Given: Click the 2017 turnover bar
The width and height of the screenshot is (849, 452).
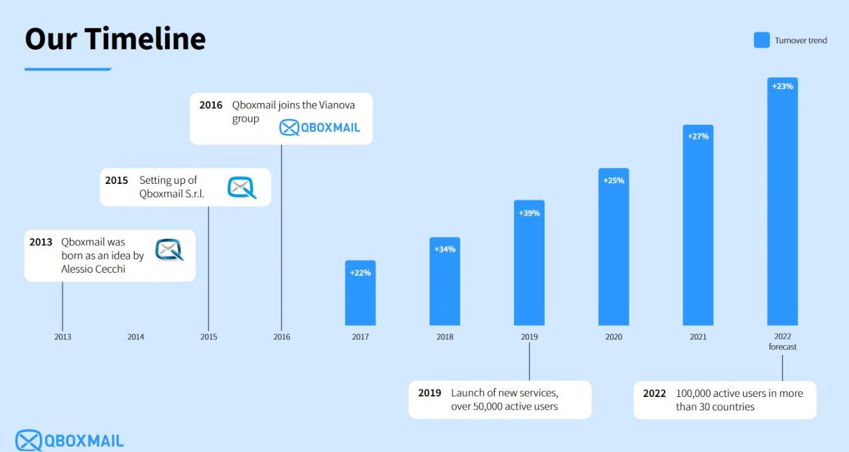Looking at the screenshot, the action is click(360, 293).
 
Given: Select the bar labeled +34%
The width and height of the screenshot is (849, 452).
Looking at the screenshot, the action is click(444, 281).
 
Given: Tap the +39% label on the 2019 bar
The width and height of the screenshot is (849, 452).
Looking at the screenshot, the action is click(529, 213).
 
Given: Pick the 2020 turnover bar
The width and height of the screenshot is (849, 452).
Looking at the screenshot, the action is click(614, 247).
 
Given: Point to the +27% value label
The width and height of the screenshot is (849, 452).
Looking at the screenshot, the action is click(698, 136).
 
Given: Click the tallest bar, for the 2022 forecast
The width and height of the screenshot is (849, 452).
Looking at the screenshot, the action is click(783, 201).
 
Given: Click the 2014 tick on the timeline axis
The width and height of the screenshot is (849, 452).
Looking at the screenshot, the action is click(136, 337).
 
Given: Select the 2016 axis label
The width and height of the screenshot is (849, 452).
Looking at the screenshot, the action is click(282, 337).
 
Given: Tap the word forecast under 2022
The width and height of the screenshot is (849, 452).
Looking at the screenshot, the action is click(783, 346).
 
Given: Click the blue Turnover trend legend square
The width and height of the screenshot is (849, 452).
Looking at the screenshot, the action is click(762, 40).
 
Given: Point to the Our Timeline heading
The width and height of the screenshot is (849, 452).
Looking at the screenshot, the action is click(115, 38).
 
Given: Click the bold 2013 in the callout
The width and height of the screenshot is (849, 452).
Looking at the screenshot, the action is click(40, 242).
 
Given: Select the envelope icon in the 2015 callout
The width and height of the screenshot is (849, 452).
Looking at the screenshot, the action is click(242, 187).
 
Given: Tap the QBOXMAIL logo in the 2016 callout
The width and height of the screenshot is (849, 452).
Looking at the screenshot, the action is click(320, 127).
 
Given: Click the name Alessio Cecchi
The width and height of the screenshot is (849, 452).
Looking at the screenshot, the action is click(94, 269).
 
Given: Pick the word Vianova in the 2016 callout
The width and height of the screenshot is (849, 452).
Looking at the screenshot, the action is click(337, 105).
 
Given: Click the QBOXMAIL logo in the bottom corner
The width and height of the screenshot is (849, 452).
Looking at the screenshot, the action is click(70, 441).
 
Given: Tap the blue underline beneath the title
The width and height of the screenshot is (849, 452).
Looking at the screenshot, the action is click(68, 70).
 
